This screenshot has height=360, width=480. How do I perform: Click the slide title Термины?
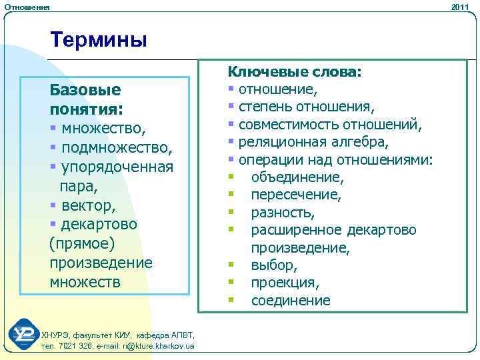pyautogui.click(x=99, y=40)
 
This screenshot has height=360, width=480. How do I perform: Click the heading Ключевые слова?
pyautogui.click(x=295, y=71)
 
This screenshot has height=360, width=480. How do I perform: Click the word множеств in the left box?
pyautogui.click(x=85, y=282)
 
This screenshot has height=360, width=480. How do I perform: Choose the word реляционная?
pyautogui.click(x=279, y=143)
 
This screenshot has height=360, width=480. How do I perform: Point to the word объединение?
pyautogui.click(x=297, y=178)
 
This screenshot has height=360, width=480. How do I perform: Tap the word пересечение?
pyautogui.click(x=296, y=195)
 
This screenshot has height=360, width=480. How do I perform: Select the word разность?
pyautogui.click(x=283, y=213)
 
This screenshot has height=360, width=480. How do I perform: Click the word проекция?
pyautogui.click(x=285, y=283)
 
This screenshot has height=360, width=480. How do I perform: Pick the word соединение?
pyautogui.click(x=290, y=301)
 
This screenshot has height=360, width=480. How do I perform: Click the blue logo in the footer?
pyautogui.click(x=24, y=333)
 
